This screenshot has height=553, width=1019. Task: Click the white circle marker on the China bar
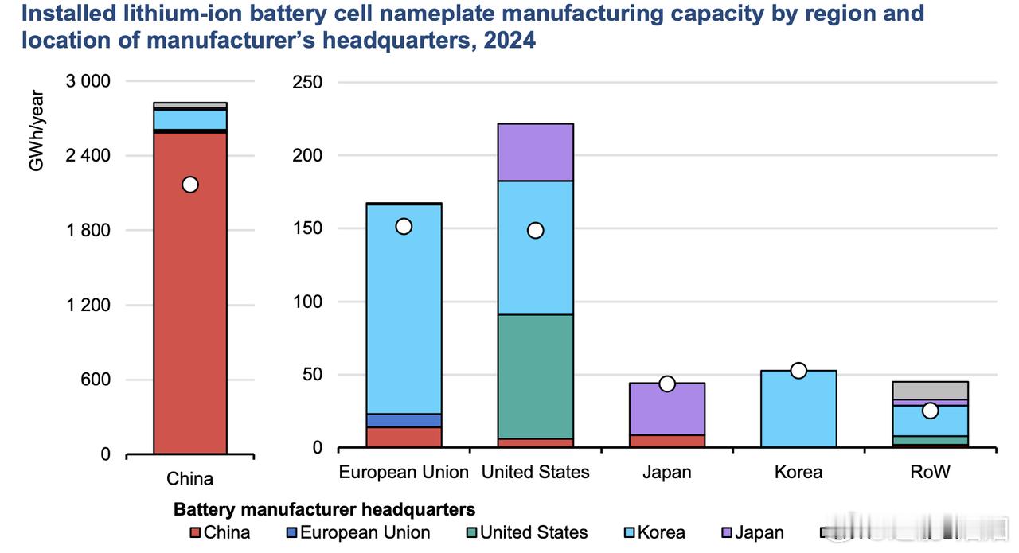(189, 185)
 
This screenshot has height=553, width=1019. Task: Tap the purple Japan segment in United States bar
(535, 152)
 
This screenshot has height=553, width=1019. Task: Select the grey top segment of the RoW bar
(930, 390)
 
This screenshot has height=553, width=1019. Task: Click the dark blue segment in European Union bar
(404, 420)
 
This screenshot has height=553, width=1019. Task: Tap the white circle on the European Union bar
(404, 227)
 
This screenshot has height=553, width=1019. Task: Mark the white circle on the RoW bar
(930, 411)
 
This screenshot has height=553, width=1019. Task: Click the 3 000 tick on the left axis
(88, 81)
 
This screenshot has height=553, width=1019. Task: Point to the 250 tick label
(307, 82)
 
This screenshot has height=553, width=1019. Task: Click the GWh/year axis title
(37, 130)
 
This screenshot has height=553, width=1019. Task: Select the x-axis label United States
(535, 472)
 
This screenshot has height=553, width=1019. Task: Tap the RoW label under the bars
(930, 472)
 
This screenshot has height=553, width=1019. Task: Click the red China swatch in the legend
(195, 533)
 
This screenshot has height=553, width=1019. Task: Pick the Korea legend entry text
(662, 533)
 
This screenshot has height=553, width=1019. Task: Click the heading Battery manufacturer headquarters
(324, 509)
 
